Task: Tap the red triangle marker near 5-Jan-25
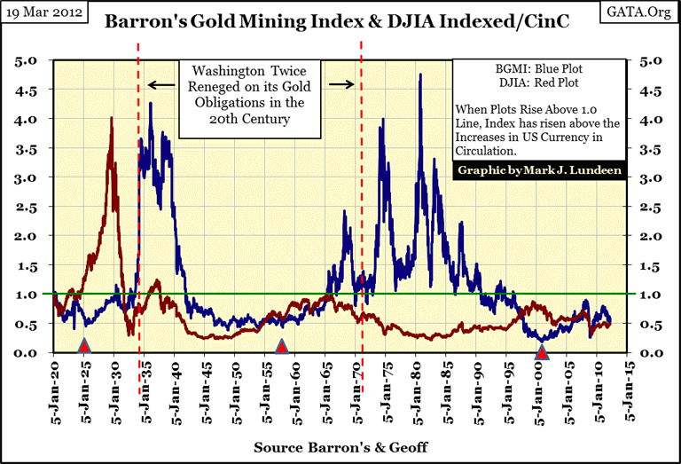[x=85, y=345]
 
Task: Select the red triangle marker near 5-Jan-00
[x=542, y=353]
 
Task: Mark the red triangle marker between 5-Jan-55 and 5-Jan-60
[x=281, y=346]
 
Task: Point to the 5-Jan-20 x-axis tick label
[x=55, y=389]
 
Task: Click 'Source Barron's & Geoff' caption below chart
[x=340, y=447]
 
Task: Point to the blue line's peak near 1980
[x=419, y=75]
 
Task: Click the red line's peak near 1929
[x=111, y=118]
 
